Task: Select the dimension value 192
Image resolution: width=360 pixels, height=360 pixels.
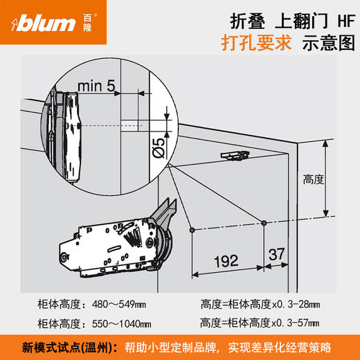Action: tap(228, 262)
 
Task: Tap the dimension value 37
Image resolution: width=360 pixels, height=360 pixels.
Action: tap(277, 255)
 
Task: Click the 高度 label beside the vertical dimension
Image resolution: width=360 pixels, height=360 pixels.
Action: tap(314, 179)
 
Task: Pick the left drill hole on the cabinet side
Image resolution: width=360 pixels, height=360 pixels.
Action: tap(191, 228)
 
